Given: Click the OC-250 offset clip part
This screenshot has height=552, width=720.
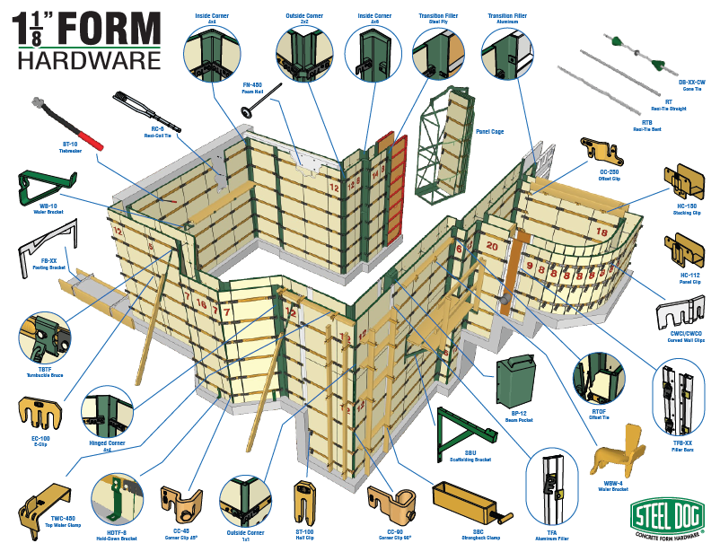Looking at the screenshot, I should [600, 153].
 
